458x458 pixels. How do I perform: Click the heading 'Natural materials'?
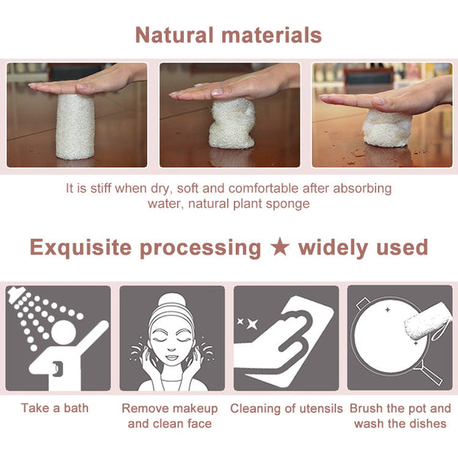coord(228,35)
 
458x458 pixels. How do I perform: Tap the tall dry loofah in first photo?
coord(75,125)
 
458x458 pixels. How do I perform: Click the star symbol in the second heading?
coord(280,248)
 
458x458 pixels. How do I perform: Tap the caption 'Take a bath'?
coord(54,408)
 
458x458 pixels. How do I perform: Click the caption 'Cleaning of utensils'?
coord(286,408)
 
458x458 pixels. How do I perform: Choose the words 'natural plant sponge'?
coord(252,204)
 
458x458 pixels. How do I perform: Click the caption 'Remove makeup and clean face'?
coord(172,416)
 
